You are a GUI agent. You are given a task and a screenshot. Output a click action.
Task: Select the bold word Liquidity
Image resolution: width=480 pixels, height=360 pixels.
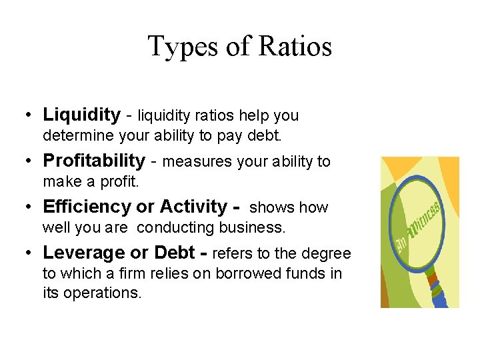coord(81,115)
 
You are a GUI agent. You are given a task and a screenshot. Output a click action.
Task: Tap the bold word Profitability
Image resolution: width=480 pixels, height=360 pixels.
coord(94,161)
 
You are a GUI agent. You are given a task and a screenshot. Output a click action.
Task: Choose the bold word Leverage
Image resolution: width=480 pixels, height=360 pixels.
coord(83,253)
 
